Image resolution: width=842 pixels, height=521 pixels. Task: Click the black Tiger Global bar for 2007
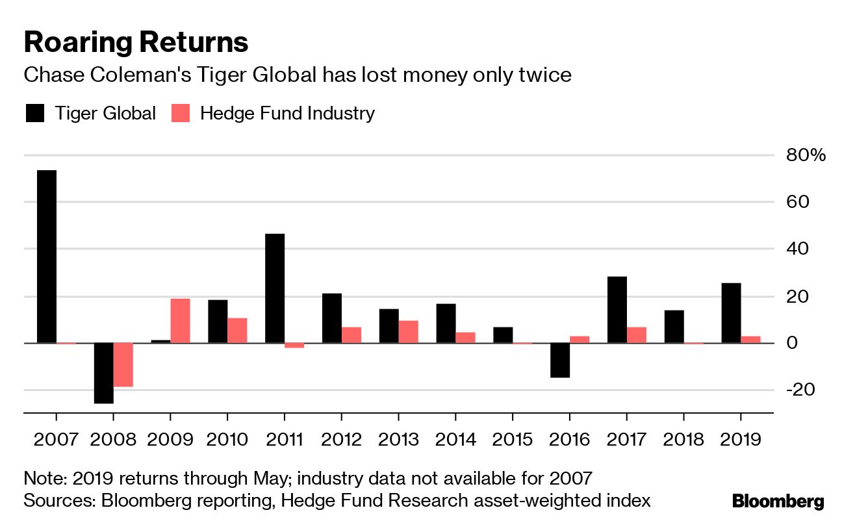click(x=46, y=257)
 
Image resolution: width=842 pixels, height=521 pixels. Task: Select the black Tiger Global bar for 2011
click(x=275, y=288)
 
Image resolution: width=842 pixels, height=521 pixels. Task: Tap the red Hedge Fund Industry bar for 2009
click(x=180, y=320)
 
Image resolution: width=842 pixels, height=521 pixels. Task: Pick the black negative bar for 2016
click(x=559, y=360)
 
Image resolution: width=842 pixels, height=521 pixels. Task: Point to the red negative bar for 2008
click(x=123, y=364)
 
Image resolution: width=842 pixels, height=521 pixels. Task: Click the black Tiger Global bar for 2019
click(x=731, y=312)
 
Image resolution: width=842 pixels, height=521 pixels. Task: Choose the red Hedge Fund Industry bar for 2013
click(x=408, y=331)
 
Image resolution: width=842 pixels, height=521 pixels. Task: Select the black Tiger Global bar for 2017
click(x=617, y=309)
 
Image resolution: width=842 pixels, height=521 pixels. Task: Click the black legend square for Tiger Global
click(x=35, y=113)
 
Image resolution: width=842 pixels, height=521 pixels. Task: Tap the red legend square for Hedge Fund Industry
click(x=181, y=113)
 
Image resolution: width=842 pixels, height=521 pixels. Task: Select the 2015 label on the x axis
click(x=513, y=439)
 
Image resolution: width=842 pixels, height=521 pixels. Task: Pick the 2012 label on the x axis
click(x=342, y=439)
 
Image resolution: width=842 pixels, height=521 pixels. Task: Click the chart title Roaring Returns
click(x=136, y=42)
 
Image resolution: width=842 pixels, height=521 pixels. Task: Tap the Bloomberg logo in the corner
click(x=778, y=501)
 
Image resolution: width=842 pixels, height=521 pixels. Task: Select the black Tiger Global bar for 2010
click(x=218, y=321)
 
